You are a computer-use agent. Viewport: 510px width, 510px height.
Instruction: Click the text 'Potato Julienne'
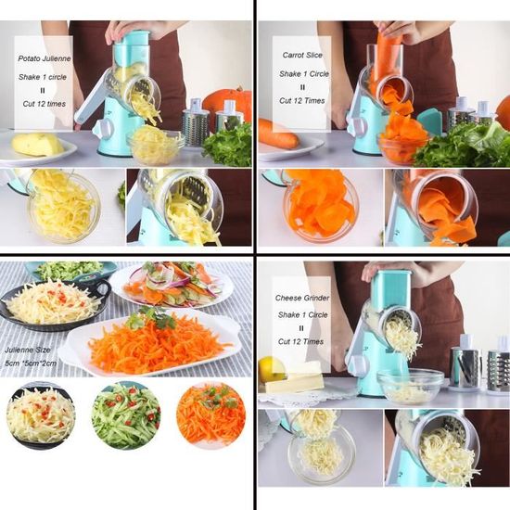point(45,58)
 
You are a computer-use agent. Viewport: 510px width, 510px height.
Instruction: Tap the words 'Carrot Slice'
point(302,55)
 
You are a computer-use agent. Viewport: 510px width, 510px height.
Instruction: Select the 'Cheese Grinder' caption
point(302,298)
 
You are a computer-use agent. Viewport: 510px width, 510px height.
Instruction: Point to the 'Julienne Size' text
point(28,350)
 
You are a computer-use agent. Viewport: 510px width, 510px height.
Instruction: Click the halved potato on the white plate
point(37,145)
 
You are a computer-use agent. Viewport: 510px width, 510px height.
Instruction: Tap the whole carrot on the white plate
point(278,134)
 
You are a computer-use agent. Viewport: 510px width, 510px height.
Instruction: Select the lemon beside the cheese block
point(272,369)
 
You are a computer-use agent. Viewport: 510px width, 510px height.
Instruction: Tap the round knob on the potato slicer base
point(104,129)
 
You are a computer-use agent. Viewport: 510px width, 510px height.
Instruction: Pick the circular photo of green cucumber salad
point(126,415)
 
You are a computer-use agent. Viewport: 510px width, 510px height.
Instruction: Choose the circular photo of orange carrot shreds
point(210,415)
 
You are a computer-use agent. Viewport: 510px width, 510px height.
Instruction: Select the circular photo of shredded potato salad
point(41,415)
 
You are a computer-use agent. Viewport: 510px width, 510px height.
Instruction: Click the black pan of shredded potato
point(54,306)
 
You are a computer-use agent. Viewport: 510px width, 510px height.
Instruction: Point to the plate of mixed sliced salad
point(172,285)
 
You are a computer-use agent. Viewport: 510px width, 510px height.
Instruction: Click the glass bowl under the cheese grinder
point(411,387)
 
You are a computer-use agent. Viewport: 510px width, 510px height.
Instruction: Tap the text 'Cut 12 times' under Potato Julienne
point(45,104)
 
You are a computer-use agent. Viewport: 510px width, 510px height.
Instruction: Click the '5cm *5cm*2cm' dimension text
point(31,363)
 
